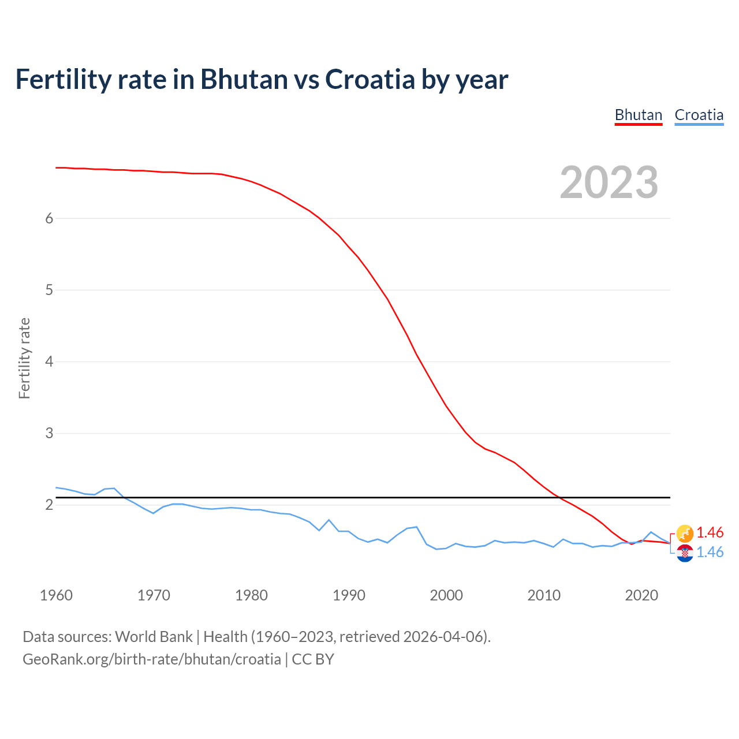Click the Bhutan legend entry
coord(638,115)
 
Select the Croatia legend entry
coord(699,115)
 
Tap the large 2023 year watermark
coord(609,182)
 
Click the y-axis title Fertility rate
coord(24,358)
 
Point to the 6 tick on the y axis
coord(49,218)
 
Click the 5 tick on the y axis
coord(49,290)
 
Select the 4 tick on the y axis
coord(49,361)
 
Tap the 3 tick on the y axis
coord(49,433)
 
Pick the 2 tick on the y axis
coord(49,505)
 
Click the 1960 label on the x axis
coord(56,595)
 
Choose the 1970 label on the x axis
coord(154,595)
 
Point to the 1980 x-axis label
coord(251,595)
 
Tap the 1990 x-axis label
coord(349,595)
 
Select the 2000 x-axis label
coord(446,595)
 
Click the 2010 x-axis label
coord(544,595)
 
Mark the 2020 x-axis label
coord(641,595)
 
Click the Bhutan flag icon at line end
coord(685,533)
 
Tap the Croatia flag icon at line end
coord(685,553)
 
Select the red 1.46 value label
coord(710,532)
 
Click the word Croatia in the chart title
coord(369,80)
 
